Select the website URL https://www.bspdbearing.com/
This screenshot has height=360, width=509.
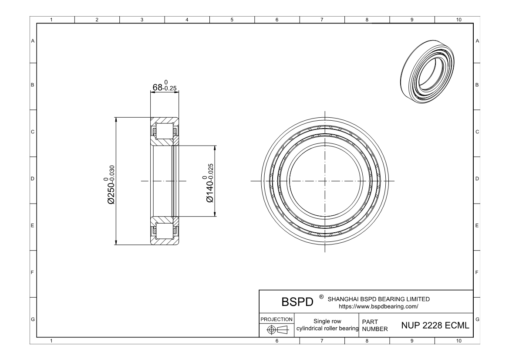pyautogui.click(x=378, y=306)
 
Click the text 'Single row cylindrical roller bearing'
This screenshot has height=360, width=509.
pyautogui.click(x=326, y=325)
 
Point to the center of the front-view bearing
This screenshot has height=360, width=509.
pyautogui.click(x=325, y=181)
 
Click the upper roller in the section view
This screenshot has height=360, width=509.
pyautogui.click(x=164, y=130)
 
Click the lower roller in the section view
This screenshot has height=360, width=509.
pyautogui.click(x=164, y=231)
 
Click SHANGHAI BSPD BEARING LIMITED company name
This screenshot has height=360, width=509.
pyautogui.click(x=378, y=299)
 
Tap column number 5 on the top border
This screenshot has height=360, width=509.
pyautogui.click(x=232, y=20)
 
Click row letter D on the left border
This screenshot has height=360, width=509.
pyautogui.click(x=33, y=179)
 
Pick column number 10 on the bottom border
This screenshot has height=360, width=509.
pyautogui.click(x=457, y=341)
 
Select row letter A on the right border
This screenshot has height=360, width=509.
pyautogui.click(x=478, y=41)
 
